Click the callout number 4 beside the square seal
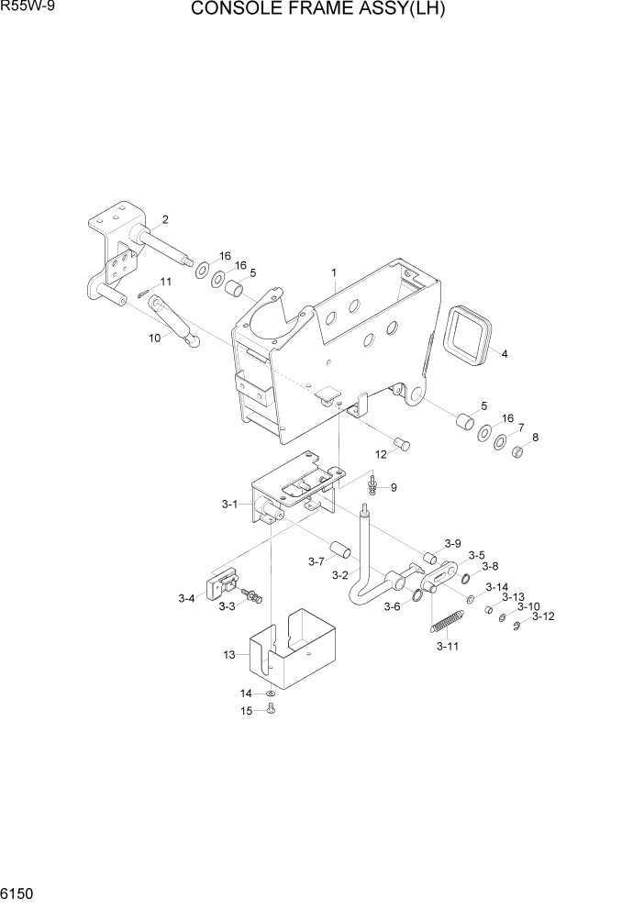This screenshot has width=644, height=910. click(504, 352)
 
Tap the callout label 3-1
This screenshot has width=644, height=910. click(229, 504)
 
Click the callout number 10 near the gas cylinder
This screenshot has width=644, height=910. click(154, 338)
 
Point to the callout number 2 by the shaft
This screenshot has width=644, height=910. click(164, 218)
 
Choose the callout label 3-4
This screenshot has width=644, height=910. click(186, 599)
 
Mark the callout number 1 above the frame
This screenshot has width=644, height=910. click(334, 272)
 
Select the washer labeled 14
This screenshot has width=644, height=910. click(272, 694)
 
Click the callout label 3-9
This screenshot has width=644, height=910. click(452, 542)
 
